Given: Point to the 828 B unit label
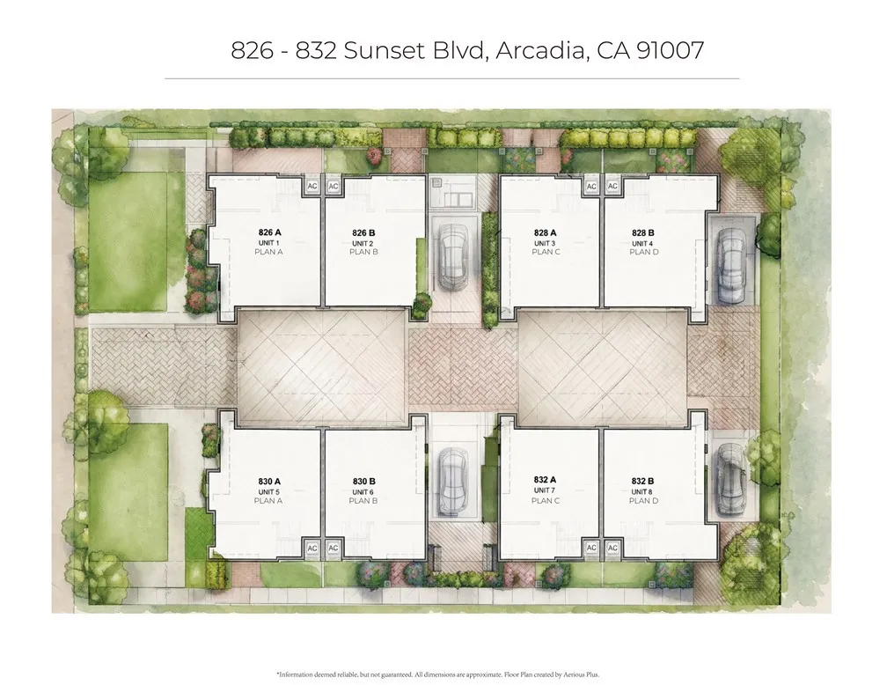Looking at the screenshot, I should [643, 233].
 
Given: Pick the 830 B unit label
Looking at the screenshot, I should [363, 481].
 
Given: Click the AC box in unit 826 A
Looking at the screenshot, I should [312, 187].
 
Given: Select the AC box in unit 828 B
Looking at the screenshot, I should [613, 187].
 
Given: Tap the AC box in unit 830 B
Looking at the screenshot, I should [334, 548].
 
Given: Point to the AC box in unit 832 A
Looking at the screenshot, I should [591, 548].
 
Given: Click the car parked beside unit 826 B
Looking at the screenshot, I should [454, 256].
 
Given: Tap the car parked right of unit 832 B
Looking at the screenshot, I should [731, 479].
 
